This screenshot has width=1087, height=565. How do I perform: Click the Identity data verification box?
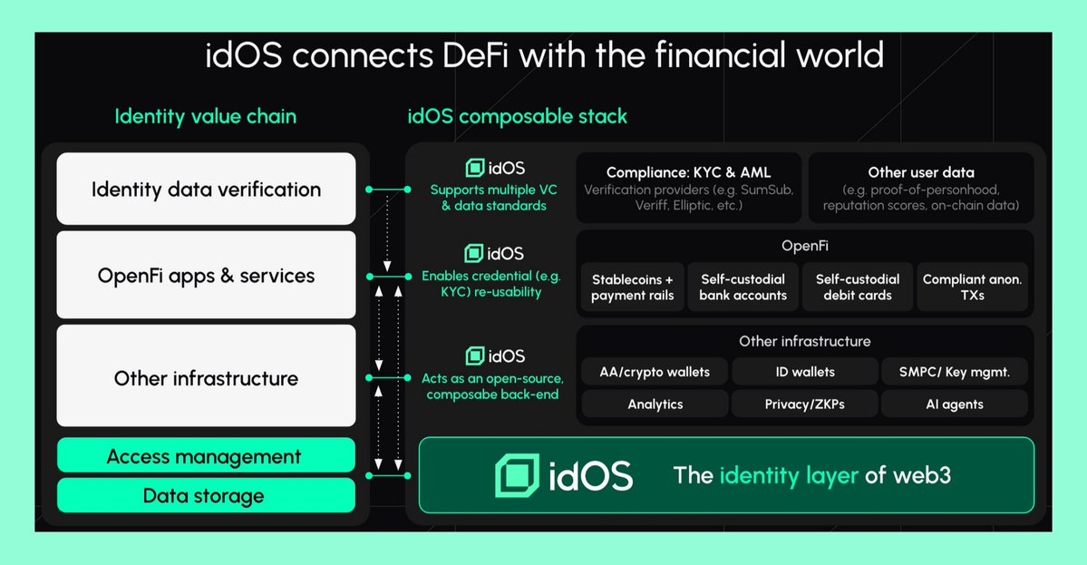(x=206, y=190)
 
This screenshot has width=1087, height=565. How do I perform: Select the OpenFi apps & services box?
(x=206, y=275)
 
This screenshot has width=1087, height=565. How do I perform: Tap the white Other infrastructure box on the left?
(x=206, y=377)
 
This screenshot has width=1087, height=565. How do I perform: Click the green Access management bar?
(x=206, y=456)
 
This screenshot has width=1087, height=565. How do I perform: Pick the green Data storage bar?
(x=206, y=495)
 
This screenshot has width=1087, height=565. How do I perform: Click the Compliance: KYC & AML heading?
(x=688, y=171)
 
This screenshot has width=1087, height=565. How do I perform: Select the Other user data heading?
(x=920, y=171)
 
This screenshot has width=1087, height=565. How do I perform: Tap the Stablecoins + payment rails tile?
(x=632, y=287)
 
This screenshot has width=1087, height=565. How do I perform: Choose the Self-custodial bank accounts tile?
(x=742, y=287)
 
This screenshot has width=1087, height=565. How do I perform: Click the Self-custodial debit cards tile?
(x=857, y=287)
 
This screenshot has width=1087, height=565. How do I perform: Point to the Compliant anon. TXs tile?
(x=972, y=287)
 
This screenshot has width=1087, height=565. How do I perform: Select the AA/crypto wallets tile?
(x=655, y=372)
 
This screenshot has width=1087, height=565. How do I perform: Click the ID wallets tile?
(x=805, y=372)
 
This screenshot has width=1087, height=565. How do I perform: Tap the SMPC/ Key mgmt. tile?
(x=955, y=372)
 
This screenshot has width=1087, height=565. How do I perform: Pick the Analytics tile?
(x=655, y=404)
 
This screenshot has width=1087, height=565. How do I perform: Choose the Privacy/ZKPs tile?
(x=805, y=404)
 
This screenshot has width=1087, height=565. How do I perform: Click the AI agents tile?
(x=955, y=404)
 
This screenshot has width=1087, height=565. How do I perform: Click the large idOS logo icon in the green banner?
(x=518, y=475)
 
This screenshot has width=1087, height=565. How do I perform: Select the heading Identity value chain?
(x=205, y=116)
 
